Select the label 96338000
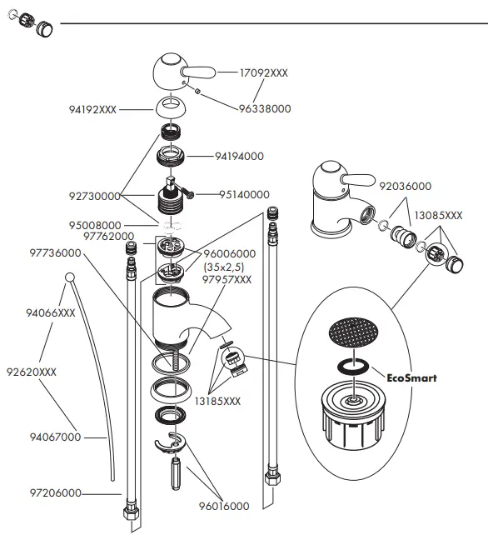(265, 108)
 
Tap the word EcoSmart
(412, 377)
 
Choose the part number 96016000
(223, 506)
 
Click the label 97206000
(54, 493)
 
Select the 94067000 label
(54, 437)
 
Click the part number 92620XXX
(32, 372)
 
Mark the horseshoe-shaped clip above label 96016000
(172, 443)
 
